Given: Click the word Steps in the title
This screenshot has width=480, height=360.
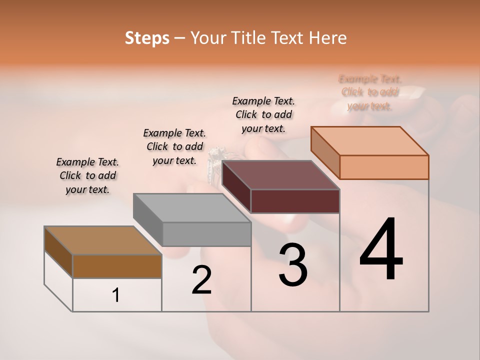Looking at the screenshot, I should coord(147,38).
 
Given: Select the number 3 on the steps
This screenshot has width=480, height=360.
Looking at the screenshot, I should coord(293,265).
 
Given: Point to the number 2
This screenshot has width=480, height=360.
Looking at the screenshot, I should coord(201,280).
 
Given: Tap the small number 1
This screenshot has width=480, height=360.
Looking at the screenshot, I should coord(116,295).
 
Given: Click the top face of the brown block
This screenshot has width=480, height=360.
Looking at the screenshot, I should coord(102,240).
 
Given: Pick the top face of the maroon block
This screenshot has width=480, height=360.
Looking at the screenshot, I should coord(280,175).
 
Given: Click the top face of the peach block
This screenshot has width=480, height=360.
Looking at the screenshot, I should coord(369,141).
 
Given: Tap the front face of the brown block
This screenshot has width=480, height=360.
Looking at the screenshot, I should coord(117,266).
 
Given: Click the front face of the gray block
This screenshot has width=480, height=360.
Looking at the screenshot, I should coord(206,234).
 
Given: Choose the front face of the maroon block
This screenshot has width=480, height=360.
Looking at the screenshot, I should coord(295,201).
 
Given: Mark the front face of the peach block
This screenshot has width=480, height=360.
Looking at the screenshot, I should coord(384,167).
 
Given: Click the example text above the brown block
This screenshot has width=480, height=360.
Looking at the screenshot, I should coord(87,175).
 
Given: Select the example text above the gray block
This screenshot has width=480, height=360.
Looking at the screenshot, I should coord(174,146).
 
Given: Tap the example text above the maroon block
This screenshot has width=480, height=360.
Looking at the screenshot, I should coord(263,114).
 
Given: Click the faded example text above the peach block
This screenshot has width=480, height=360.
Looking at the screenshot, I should coord(370,92).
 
